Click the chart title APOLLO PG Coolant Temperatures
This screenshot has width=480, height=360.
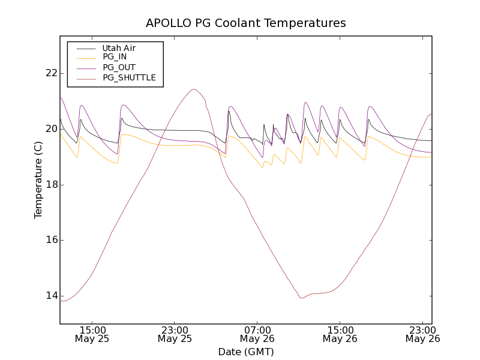246,23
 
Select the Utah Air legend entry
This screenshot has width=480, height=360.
119,48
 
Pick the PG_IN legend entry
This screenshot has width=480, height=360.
115,57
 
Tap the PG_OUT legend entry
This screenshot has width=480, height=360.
119,67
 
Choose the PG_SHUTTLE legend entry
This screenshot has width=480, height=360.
129,77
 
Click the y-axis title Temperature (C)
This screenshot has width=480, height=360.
38,180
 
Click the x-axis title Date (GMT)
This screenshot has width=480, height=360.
246,352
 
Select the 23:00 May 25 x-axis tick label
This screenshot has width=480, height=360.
175,334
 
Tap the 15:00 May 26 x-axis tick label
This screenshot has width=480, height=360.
340,334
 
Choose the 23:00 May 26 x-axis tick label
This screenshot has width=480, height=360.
422,334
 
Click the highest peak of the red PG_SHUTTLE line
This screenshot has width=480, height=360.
194,89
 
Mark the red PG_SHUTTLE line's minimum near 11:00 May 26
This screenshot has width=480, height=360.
301,298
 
